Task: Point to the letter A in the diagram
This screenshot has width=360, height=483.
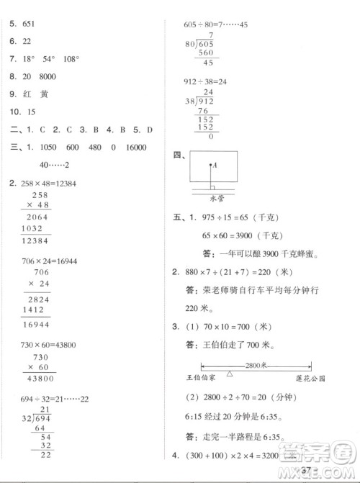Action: (x=215, y=165)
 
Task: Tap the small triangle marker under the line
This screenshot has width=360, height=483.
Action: (x=229, y=374)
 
